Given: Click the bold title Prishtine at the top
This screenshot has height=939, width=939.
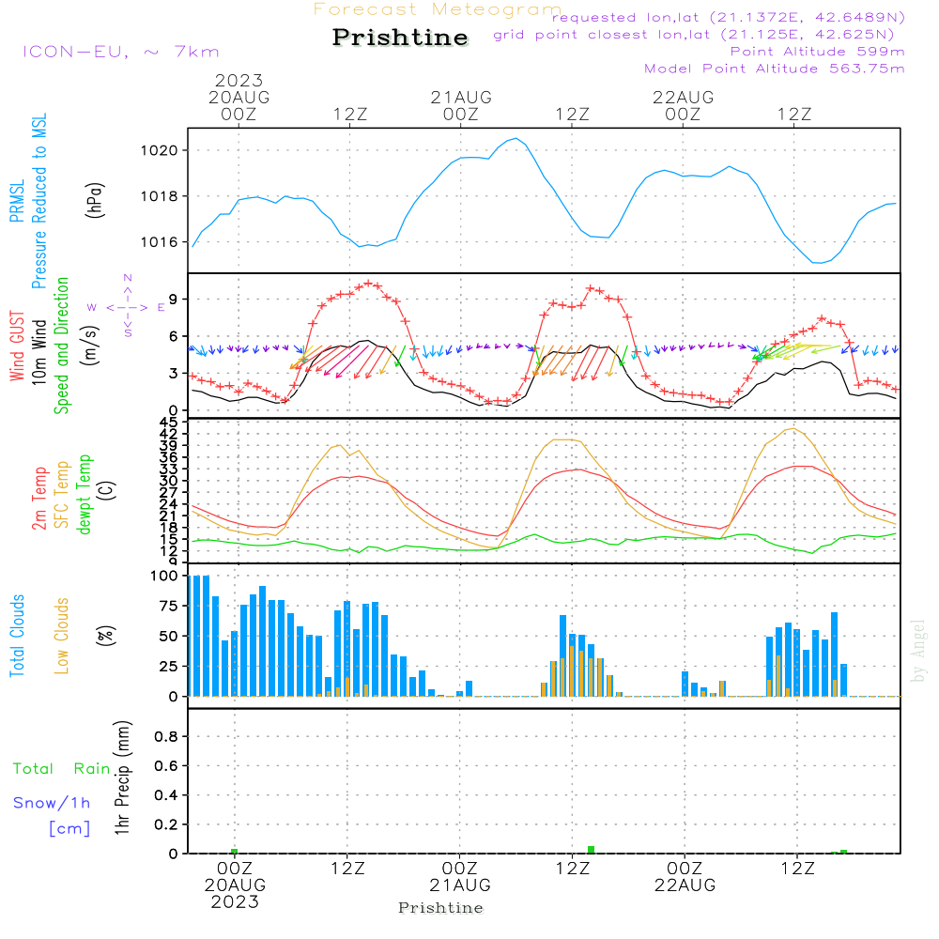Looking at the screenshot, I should (400, 38).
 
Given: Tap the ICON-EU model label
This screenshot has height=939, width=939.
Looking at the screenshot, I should (120, 52).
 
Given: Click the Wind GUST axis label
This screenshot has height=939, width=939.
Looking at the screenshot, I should (18, 348).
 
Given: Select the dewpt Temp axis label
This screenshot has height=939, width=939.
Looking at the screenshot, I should (85, 495).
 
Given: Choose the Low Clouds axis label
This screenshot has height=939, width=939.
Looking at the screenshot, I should (63, 636).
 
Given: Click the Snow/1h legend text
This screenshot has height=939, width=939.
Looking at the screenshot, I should (52, 803).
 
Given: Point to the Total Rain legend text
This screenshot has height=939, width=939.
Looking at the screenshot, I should (61, 768).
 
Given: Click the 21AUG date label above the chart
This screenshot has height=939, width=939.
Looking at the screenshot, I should (461, 97).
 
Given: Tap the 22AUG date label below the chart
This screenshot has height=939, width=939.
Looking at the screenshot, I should (685, 885).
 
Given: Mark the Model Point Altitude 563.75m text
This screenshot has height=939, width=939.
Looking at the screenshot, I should (774, 69).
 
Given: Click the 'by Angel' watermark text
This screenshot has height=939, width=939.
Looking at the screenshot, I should (918, 650).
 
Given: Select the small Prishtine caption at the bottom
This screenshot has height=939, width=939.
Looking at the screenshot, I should (440, 908).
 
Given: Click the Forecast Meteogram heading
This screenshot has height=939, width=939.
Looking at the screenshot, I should (438, 9).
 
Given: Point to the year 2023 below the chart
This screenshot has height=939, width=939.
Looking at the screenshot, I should (235, 901).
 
